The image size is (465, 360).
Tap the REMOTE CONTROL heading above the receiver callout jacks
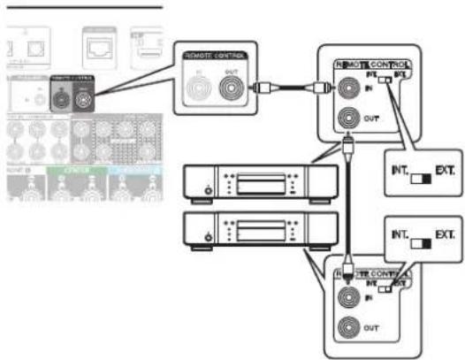click(216, 56)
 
